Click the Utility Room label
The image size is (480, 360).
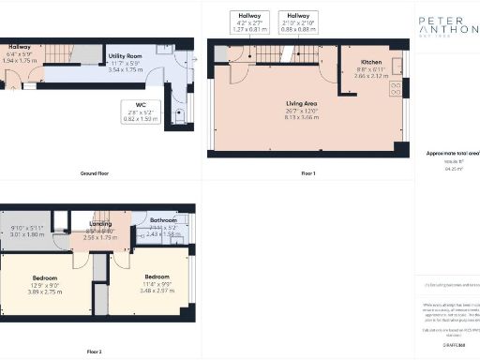click(125, 63)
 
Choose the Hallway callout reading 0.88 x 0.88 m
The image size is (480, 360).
click(299, 23)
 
